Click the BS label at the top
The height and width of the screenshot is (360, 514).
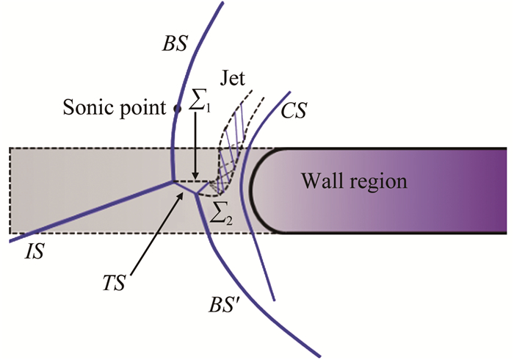coord(177,43)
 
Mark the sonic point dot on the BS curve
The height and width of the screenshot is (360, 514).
coord(177,109)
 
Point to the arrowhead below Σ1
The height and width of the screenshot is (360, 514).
coord(195,174)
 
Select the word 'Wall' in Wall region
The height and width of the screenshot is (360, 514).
coord(317,180)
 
